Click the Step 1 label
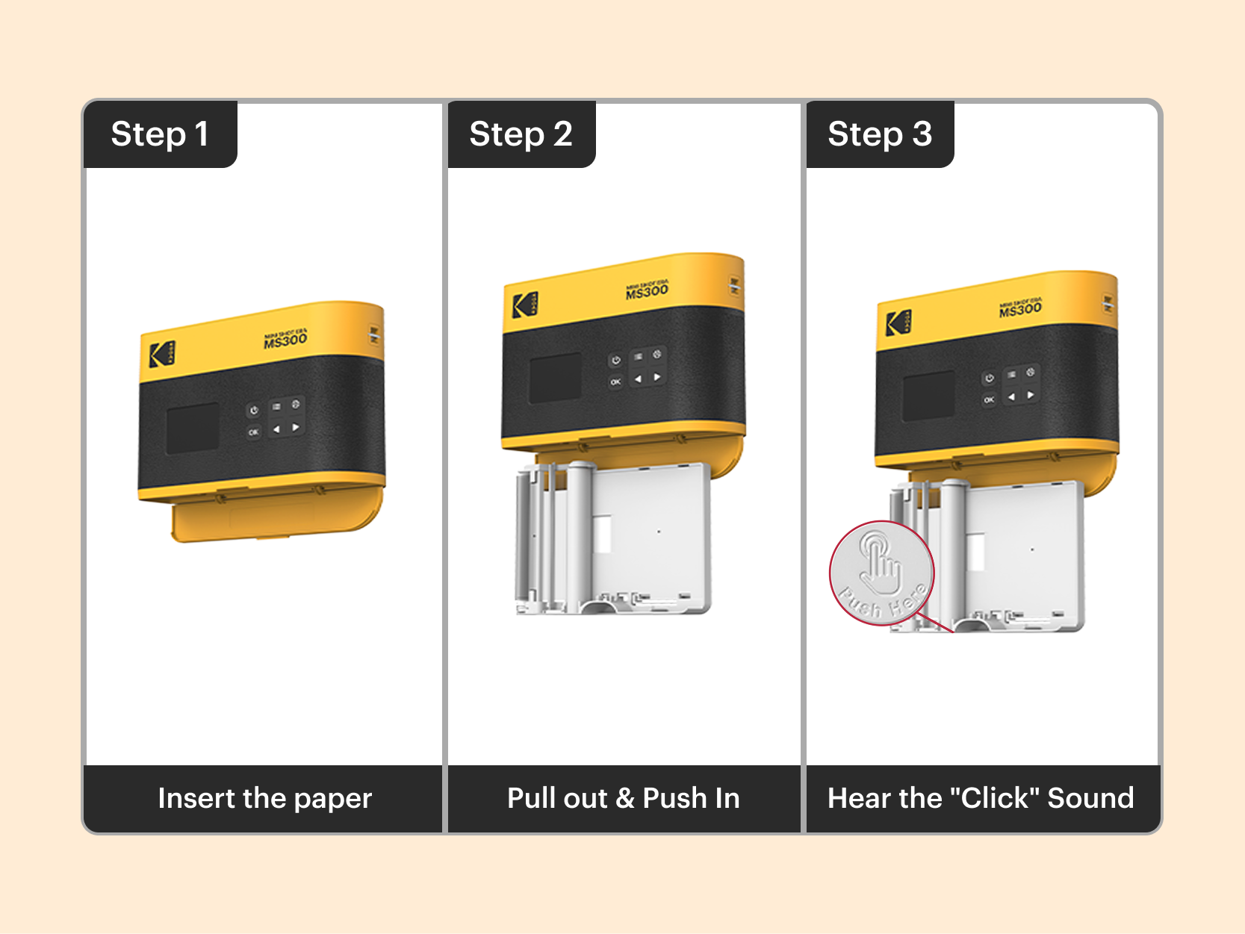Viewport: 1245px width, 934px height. click(x=159, y=134)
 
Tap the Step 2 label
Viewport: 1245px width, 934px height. click(x=521, y=134)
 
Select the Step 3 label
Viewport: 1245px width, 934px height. click(x=879, y=134)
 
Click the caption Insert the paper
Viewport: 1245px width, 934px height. click(x=264, y=798)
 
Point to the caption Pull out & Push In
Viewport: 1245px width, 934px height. click(x=623, y=798)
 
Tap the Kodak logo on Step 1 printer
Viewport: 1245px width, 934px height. click(x=161, y=354)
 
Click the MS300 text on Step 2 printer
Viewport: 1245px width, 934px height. click(x=647, y=291)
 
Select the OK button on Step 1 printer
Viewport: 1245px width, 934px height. click(x=254, y=432)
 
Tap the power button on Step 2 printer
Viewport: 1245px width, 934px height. click(x=615, y=361)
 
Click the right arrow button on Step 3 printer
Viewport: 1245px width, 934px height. click(x=1031, y=395)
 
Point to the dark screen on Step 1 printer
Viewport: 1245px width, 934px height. click(x=193, y=429)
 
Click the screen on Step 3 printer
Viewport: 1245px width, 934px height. click(x=928, y=396)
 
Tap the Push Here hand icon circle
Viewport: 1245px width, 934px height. click(x=881, y=573)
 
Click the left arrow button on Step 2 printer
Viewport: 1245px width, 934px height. click(x=638, y=379)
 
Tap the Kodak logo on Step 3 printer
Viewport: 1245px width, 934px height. click(x=898, y=323)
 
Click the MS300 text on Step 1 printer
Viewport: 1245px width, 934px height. click(x=285, y=340)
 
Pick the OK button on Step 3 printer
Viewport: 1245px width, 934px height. click(x=989, y=400)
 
